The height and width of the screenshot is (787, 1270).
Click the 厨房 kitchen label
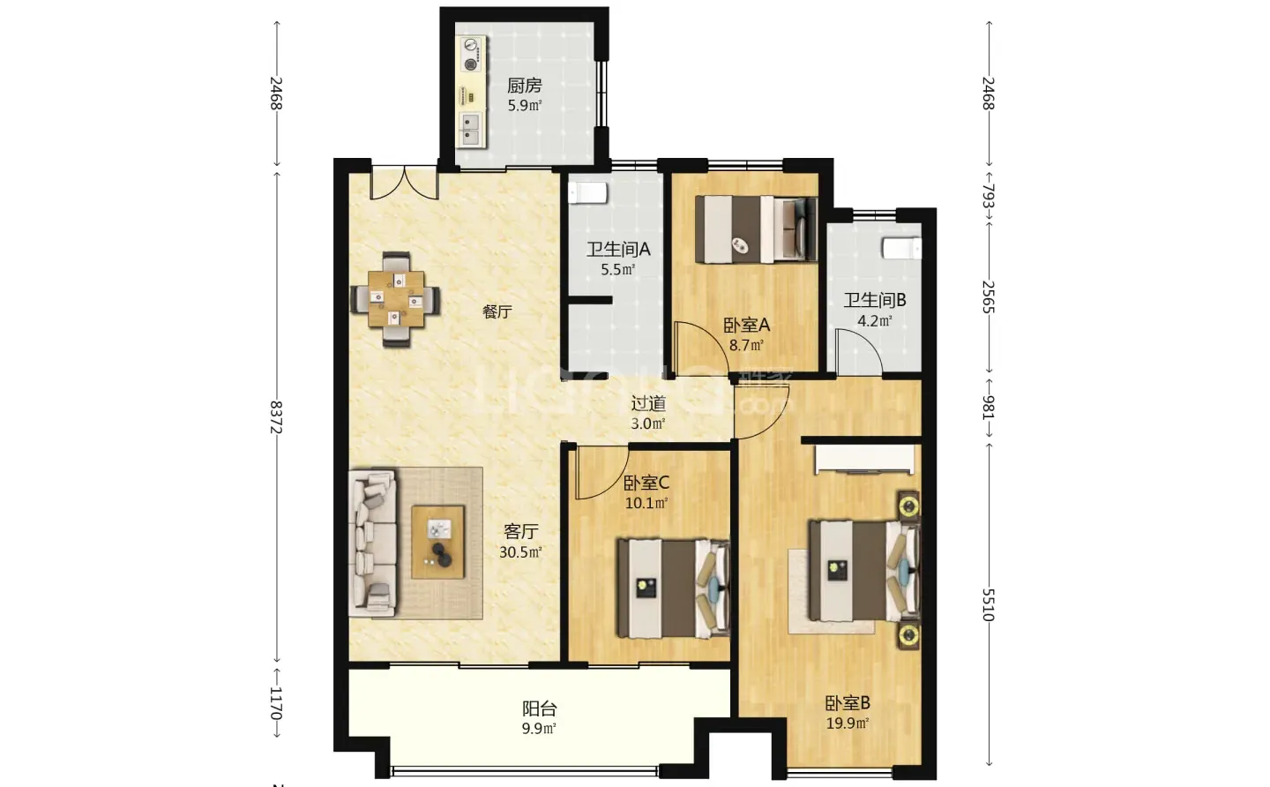[x=524, y=86]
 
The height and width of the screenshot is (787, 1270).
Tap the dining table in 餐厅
[x=396, y=299]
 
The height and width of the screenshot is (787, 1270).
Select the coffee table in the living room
[x=437, y=542]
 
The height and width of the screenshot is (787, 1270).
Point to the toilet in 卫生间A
[x=588, y=192]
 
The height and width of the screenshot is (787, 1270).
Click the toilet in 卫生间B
[x=901, y=248]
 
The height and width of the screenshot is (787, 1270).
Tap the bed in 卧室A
[x=756, y=229]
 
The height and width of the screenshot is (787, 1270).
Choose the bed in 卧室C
[x=673, y=588]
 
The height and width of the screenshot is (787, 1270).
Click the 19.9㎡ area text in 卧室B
[x=848, y=723]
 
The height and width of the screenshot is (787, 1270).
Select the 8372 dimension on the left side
[x=275, y=417]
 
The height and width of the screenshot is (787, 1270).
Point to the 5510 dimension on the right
[x=988, y=604]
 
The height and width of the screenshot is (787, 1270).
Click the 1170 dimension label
[x=275, y=703]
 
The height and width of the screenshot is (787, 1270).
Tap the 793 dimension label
[x=988, y=196]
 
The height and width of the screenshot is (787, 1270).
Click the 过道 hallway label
[x=648, y=404]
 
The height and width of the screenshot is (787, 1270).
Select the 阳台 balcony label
[x=539, y=708]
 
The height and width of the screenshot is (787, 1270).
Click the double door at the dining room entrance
[x=404, y=183]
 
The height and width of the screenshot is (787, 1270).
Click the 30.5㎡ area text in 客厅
[x=520, y=551]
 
